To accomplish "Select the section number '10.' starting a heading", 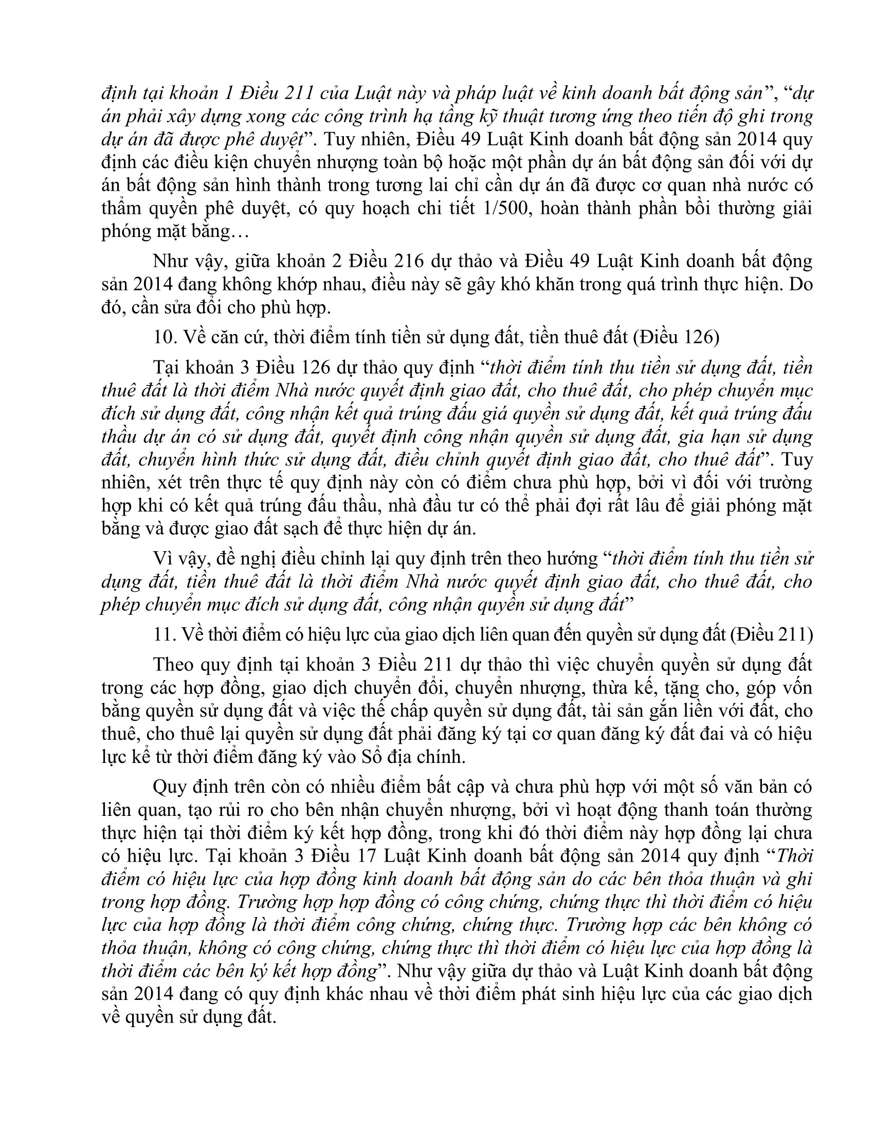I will click(165, 337).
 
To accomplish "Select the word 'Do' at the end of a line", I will click(800, 284).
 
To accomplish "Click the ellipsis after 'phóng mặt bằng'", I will click(239, 231).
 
